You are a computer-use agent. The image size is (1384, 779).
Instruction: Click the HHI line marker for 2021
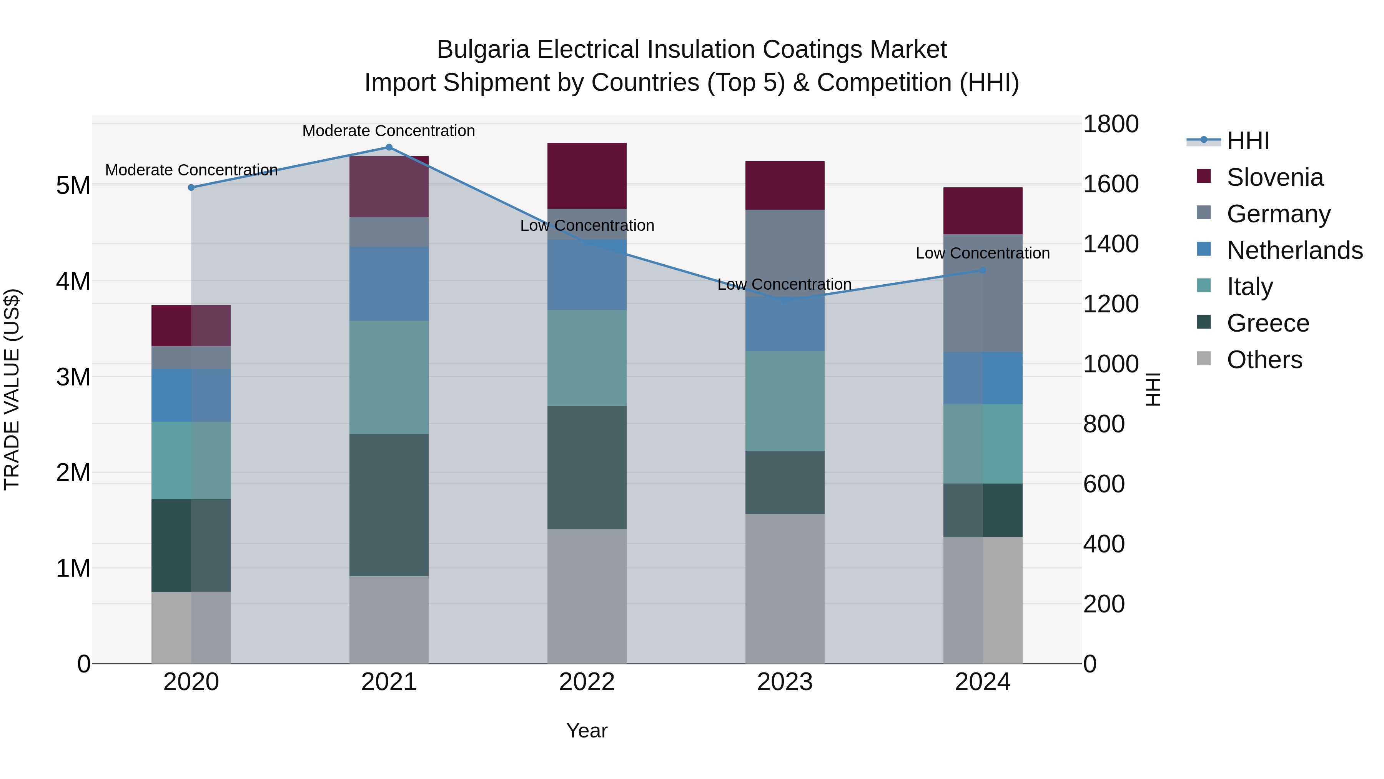(x=389, y=147)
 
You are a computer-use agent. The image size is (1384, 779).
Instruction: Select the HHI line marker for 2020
(x=191, y=187)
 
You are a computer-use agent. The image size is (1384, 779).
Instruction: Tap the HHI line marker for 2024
(x=983, y=270)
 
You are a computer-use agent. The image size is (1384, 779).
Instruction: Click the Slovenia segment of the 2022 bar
(x=587, y=176)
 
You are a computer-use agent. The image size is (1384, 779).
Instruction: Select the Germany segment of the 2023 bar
(x=784, y=253)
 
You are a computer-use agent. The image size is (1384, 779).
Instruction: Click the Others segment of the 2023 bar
(x=784, y=588)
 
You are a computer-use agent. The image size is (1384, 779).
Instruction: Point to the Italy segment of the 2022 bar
(x=587, y=357)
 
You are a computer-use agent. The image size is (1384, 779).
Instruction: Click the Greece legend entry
(x=1268, y=323)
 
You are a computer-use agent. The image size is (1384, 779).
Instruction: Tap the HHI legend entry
(x=1248, y=141)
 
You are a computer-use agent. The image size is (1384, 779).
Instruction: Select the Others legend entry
(x=1264, y=360)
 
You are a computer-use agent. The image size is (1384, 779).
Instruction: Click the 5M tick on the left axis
(x=73, y=185)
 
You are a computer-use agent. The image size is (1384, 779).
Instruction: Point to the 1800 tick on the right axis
(x=1110, y=124)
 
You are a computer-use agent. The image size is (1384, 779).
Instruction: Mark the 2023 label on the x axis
(x=784, y=682)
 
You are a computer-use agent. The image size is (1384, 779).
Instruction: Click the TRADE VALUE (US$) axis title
(x=12, y=389)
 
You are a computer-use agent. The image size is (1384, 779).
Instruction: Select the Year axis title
(x=587, y=731)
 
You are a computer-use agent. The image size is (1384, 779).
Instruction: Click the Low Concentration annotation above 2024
(x=983, y=253)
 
